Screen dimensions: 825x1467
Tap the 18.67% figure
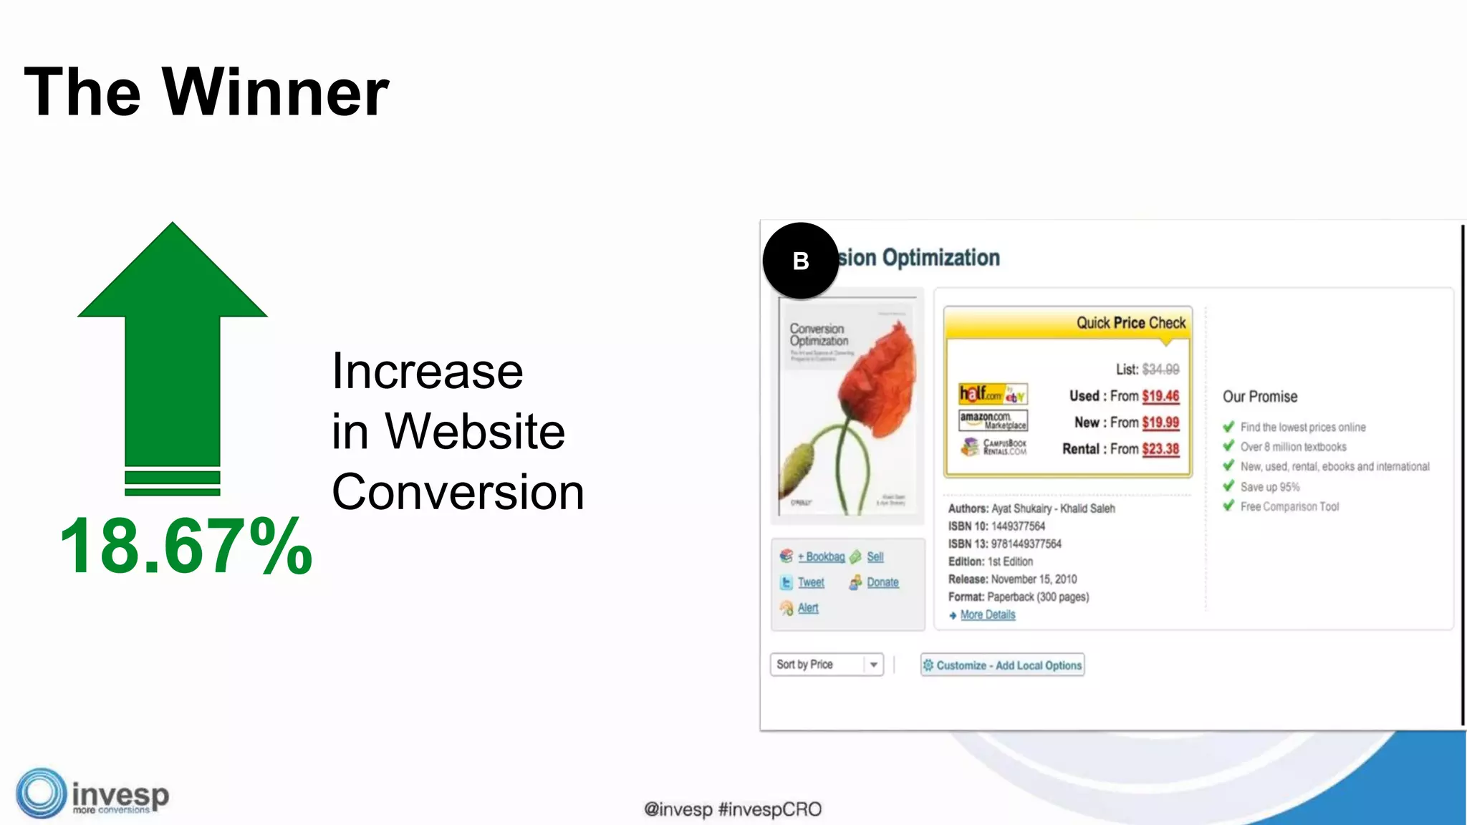(x=186, y=546)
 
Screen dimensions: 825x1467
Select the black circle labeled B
(x=800, y=261)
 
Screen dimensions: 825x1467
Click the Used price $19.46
(x=1160, y=396)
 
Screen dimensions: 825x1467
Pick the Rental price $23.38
(x=1160, y=449)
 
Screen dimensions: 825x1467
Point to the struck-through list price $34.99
(x=1160, y=370)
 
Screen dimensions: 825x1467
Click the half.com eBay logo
(x=993, y=394)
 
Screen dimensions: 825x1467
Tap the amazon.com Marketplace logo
(x=993, y=420)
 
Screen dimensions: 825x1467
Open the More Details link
(x=988, y=614)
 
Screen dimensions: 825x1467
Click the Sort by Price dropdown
(x=827, y=665)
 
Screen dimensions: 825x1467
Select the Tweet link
(x=811, y=583)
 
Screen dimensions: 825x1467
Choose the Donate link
(x=882, y=583)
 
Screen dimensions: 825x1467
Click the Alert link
(x=808, y=608)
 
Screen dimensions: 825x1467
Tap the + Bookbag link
(x=821, y=556)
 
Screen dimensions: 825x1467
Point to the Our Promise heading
(x=1260, y=397)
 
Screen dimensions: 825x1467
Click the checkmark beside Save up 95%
(x=1229, y=486)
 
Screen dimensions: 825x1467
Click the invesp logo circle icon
(x=41, y=793)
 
